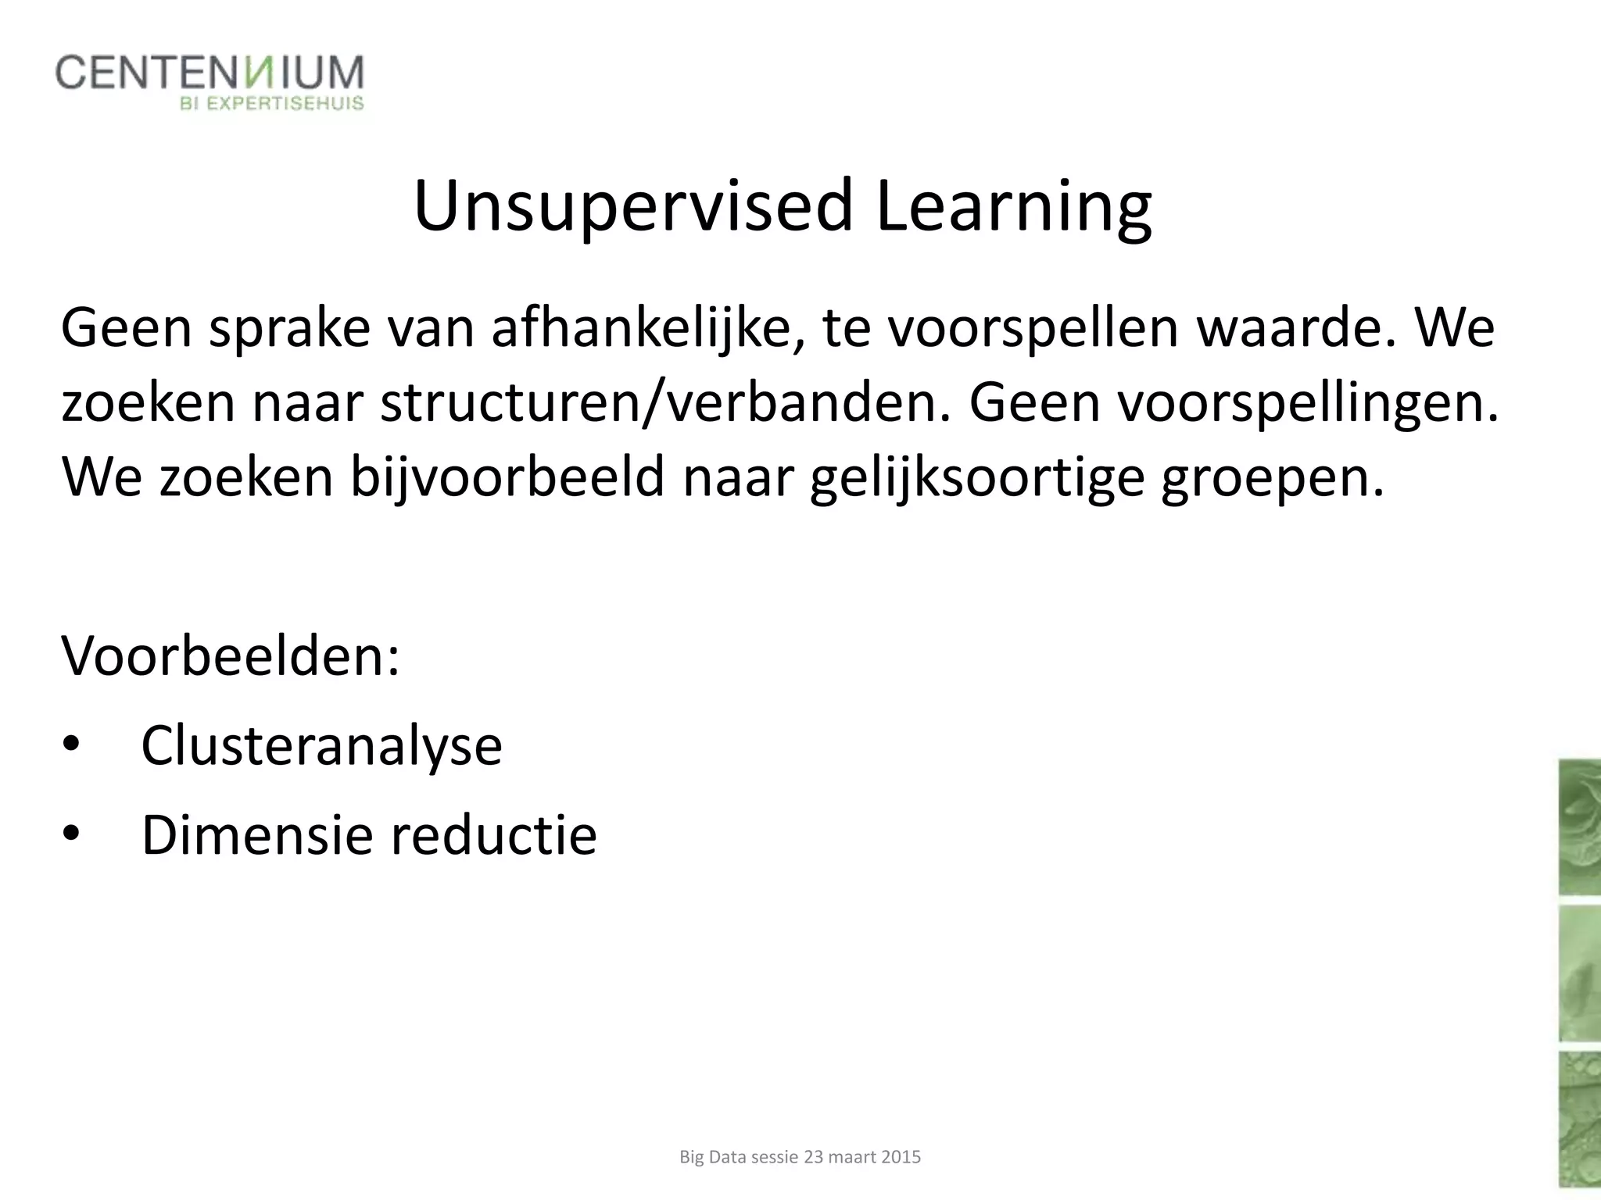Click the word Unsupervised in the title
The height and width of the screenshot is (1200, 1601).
pyautogui.click(x=633, y=207)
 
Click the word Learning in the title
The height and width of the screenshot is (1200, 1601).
pyautogui.click(x=1014, y=207)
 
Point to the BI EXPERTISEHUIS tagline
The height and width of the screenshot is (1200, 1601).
pyautogui.click(x=272, y=103)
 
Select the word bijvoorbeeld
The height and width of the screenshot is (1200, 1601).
pyautogui.click(x=507, y=477)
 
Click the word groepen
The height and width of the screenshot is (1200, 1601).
pyautogui.click(x=1271, y=477)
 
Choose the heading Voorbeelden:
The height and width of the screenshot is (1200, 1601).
pyautogui.click(x=231, y=655)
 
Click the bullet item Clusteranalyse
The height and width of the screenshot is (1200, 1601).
pyautogui.click(x=321, y=745)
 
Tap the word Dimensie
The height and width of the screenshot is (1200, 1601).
pyautogui.click(x=256, y=835)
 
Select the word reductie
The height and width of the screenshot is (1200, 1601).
pyautogui.click(x=493, y=835)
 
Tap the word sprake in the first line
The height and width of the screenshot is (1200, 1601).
pyautogui.click(x=289, y=329)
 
